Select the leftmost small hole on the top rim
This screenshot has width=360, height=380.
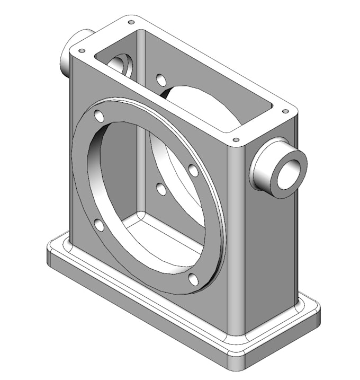click(x=82, y=51)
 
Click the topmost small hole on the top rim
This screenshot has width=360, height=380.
click(x=130, y=23)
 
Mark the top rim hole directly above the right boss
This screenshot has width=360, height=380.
click(x=237, y=140)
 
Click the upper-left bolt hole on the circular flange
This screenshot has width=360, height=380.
click(x=99, y=115)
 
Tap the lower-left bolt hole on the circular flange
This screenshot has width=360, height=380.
click(x=99, y=225)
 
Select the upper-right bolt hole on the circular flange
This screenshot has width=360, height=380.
click(x=194, y=171)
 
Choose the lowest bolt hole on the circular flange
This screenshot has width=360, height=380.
click(x=193, y=279)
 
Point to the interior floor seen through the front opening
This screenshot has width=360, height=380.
click(x=159, y=233)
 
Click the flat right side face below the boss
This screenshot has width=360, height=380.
click(x=270, y=254)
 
